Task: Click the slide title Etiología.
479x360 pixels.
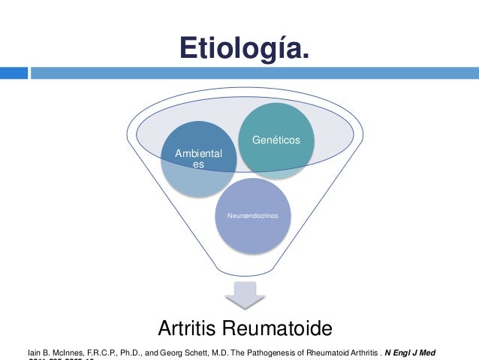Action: [243, 49]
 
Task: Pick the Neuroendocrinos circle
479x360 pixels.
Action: [252, 216]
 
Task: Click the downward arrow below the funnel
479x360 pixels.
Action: [246, 295]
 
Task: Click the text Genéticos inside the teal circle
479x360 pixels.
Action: [276, 140]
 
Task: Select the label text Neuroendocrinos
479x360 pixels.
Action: [252, 216]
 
